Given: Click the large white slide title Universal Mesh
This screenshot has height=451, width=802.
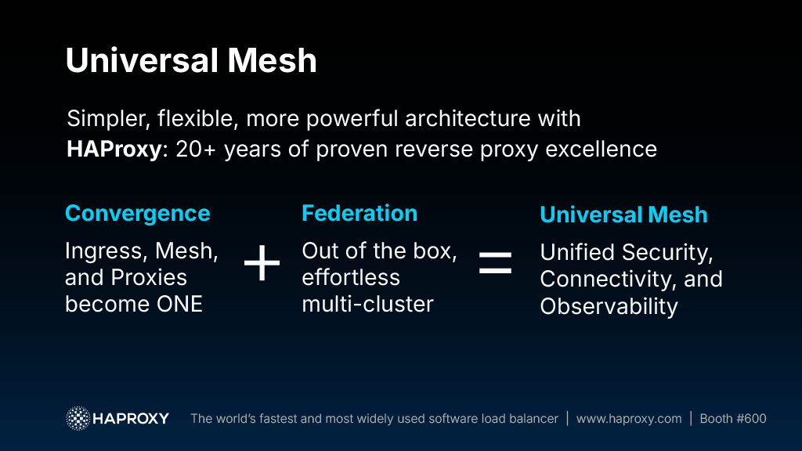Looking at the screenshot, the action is [x=191, y=60].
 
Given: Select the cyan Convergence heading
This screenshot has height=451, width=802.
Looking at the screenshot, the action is [x=138, y=214].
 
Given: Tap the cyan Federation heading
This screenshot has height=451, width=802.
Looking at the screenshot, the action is [x=359, y=213].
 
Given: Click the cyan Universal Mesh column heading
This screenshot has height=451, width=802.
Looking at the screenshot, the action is [x=623, y=215].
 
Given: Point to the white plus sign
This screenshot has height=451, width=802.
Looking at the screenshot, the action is [x=262, y=263].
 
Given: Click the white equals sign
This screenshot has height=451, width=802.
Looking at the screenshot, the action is [x=495, y=263].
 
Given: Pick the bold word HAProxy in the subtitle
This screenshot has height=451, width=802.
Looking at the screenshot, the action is [x=114, y=150].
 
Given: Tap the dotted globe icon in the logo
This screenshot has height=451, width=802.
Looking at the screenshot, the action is [x=78, y=418].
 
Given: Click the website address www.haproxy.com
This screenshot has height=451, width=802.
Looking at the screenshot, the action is [x=629, y=419].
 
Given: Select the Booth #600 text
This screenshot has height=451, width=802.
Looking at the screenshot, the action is [x=733, y=419].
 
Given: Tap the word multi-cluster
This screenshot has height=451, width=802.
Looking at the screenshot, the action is [x=368, y=305].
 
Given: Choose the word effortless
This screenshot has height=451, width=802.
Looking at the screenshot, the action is [x=351, y=278].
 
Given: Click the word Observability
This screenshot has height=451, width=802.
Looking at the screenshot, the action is [x=609, y=307].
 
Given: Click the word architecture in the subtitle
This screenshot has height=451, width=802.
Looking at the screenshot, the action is [x=468, y=119].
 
